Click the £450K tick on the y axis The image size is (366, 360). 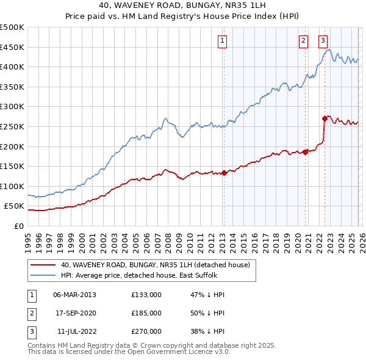click(12, 47)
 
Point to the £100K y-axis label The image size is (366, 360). click(12, 186)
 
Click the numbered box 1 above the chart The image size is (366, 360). click(223, 41)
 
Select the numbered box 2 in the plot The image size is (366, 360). click(303, 41)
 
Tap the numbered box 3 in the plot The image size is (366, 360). click(323, 41)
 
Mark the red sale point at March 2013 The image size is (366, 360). click(224, 173)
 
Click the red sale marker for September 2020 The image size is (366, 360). click(306, 153)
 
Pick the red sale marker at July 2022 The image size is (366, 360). click(325, 118)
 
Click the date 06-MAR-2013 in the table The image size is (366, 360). click(74, 295)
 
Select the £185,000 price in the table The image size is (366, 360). click(146, 313)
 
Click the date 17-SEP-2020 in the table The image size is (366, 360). click(74, 313)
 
